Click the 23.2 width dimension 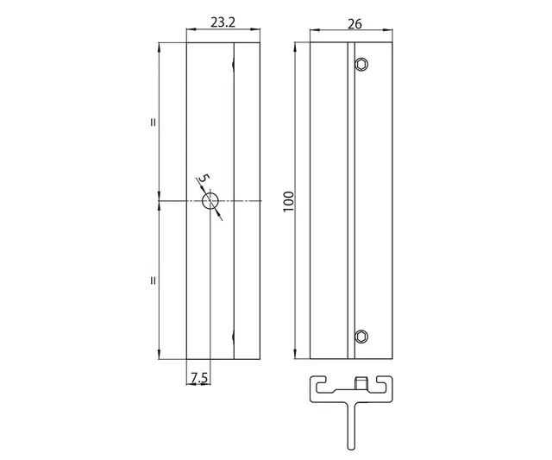(223, 22)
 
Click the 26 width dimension (354, 24)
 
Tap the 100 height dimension (288, 201)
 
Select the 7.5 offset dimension (199, 378)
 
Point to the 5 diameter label (204, 178)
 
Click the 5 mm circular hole (210, 201)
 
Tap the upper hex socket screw (361, 65)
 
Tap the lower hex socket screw (361, 337)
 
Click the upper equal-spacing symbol (153, 123)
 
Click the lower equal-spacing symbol (153, 280)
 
